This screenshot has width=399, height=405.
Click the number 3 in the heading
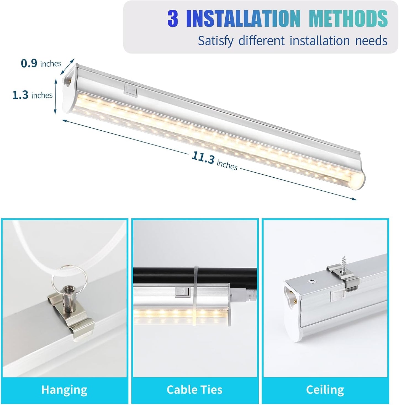pos(173,19)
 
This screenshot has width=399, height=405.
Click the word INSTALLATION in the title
pos(243,19)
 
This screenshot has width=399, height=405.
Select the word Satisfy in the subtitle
pos(215,41)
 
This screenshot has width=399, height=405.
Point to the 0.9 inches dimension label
pos(41,64)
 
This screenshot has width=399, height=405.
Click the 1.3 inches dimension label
pos(32,95)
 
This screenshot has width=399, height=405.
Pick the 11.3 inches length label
pos(214,161)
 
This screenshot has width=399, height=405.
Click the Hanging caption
pos(64,390)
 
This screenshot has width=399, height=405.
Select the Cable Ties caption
pos(194,390)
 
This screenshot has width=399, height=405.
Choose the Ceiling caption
pos(325,390)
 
